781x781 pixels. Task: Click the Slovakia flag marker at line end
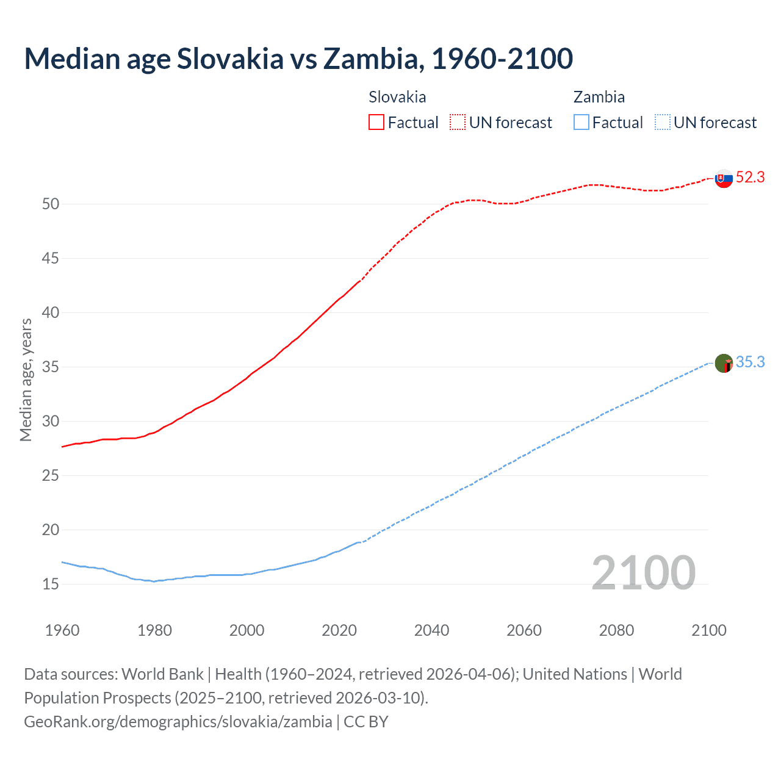724,179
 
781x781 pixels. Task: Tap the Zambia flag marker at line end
724,364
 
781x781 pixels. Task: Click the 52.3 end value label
750,178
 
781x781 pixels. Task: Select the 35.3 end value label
750,362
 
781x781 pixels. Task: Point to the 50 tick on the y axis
51,204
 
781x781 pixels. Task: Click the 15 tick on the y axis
51,585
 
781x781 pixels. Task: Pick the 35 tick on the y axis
51,367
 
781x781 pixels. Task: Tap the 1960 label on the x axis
62,630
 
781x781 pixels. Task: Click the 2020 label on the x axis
339,630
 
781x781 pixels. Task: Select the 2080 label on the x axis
616,630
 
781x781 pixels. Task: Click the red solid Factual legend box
376,123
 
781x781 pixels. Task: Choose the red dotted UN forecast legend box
458,123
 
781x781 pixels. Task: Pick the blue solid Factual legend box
581,123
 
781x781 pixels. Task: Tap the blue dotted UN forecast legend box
662,123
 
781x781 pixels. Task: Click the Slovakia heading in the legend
397,98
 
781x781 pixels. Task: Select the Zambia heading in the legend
599,98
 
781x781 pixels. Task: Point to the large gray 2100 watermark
643,573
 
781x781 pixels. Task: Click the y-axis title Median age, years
26,380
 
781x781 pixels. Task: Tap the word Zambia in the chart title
373,59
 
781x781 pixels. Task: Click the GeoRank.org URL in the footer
178,722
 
